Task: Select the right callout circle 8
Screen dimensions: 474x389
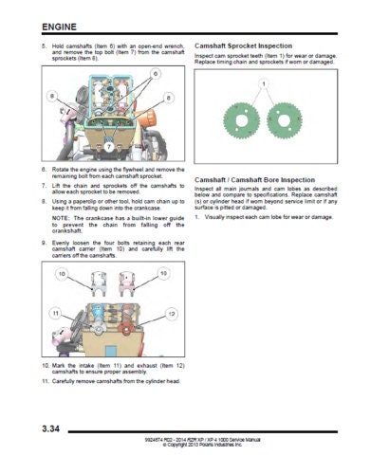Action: point(168,97)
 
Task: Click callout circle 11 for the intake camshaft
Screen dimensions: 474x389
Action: point(56,313)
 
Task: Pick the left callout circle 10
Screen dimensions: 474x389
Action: point(63,275)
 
